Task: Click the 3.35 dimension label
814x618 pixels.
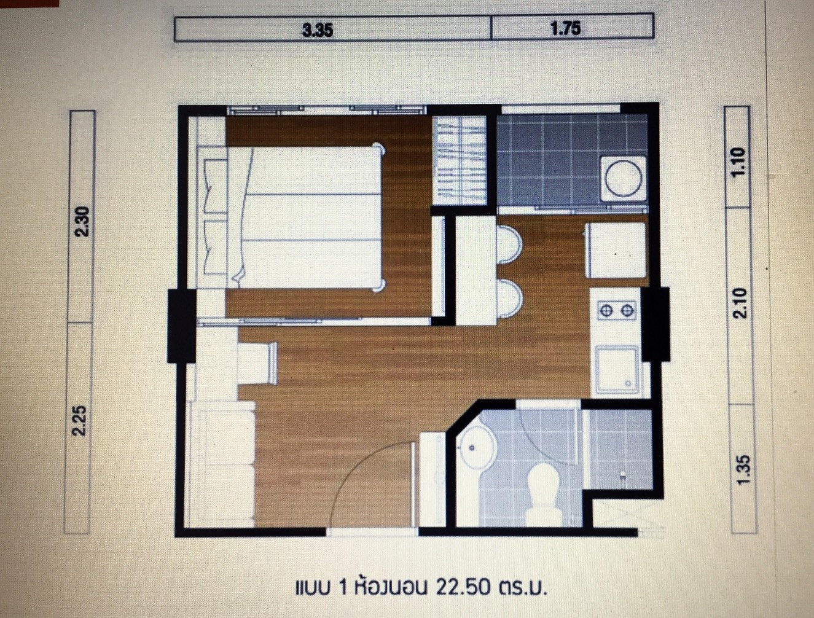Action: [318, 29]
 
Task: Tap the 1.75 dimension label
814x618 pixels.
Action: [566, 28]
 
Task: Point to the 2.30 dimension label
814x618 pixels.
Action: [82, 221]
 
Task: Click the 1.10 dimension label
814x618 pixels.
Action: [739, 161]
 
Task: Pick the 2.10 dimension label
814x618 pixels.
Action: [740, 302]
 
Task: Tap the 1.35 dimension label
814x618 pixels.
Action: [743, 469]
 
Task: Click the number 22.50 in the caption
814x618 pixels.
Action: [463, 588]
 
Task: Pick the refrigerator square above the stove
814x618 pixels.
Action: [616, 249]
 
